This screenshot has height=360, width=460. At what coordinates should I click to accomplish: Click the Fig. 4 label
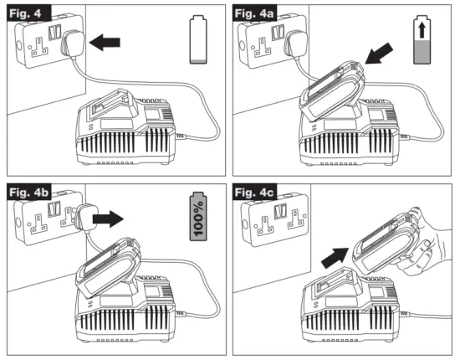(x=28, y=13)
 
